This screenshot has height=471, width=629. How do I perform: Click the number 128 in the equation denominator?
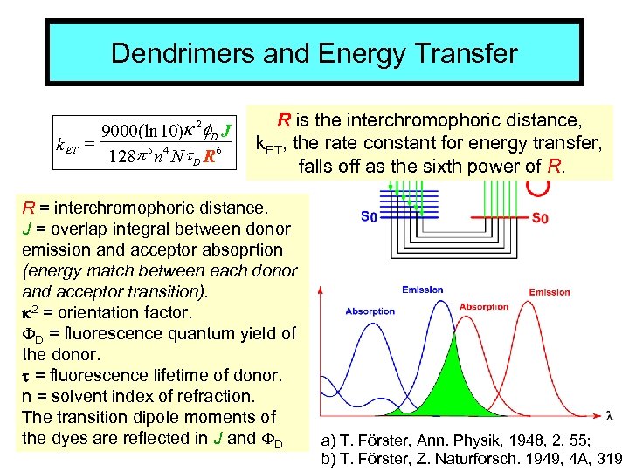[121, 158]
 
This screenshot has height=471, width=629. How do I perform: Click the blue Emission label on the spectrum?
[423, 290]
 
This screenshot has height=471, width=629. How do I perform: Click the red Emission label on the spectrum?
[550, 292]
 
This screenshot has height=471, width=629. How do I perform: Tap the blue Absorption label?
[370, 311]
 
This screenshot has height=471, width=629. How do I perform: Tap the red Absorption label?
[484, 306]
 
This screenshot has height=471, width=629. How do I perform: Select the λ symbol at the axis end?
[609, 413]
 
